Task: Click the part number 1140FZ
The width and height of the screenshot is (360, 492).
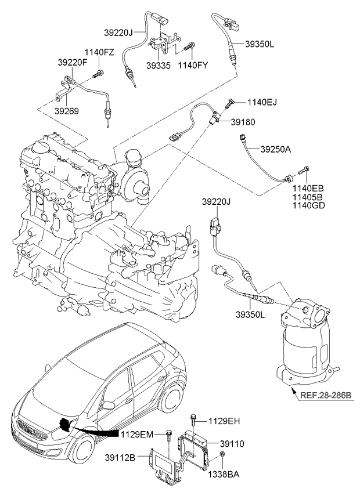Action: coord(100,52)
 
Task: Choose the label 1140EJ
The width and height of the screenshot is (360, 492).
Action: coord(262,103)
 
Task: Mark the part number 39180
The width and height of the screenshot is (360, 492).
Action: coord(243,122)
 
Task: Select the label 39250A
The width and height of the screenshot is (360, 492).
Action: coord(276,149)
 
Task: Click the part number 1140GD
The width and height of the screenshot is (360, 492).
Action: coord(308,205)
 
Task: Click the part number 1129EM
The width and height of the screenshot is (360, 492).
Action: coord(136,434)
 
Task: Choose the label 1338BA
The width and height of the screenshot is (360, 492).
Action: coord(225,474)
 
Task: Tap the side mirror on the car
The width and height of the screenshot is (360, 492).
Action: coord(108,404)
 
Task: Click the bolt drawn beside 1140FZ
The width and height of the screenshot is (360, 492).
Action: coord(100,73)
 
